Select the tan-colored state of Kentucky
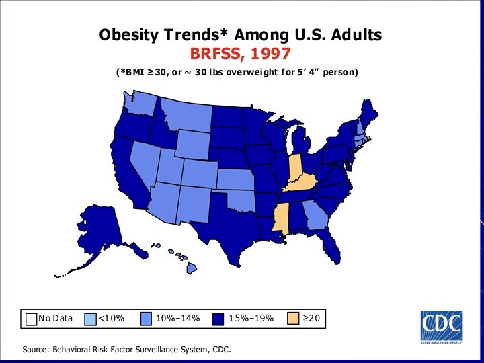[x=300, y=183]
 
